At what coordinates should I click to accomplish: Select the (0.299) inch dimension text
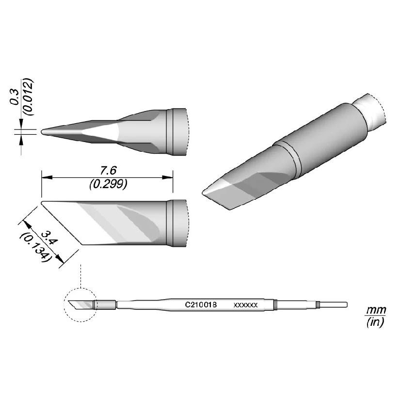(x=109, y=184)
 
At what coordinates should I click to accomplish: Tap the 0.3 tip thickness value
(x=15, y=97)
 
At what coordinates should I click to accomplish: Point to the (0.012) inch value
(x=28, y=97)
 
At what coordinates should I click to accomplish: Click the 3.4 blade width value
(x=50, y=237)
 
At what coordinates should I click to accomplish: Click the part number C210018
(x=201, y=304)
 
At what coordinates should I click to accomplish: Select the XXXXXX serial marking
(x=246, y=305)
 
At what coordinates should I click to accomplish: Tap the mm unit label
(x=376, y=310)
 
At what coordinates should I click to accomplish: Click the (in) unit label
(x=375, y=322)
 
